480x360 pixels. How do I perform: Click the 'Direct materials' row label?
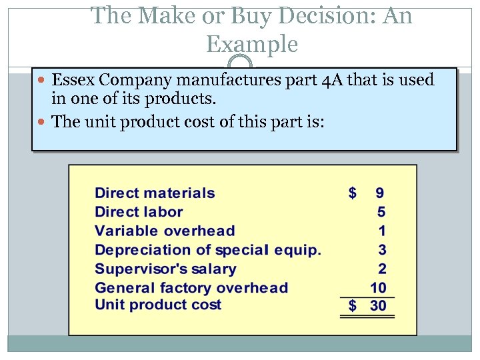point(155,193)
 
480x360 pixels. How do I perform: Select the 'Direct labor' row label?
point(139,212)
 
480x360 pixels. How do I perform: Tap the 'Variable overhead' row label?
point(165,231)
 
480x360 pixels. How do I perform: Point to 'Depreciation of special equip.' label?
point(208,250)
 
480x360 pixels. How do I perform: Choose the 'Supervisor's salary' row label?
point(165,269)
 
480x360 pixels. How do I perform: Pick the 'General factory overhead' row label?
point(191,288)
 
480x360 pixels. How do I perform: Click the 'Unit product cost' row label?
point(158,305)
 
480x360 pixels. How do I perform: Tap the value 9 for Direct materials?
point(379,193)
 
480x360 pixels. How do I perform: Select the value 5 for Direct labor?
point(381,212)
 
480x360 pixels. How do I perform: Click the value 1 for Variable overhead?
point(381,231)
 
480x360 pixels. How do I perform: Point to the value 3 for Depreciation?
point(381,250)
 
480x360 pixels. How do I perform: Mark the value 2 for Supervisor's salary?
point(381,269)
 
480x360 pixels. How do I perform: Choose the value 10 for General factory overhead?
point(378,288)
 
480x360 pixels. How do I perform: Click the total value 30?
point(378,306)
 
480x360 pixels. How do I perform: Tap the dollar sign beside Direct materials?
point(353,193)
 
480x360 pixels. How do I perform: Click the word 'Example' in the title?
point(252,44)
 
